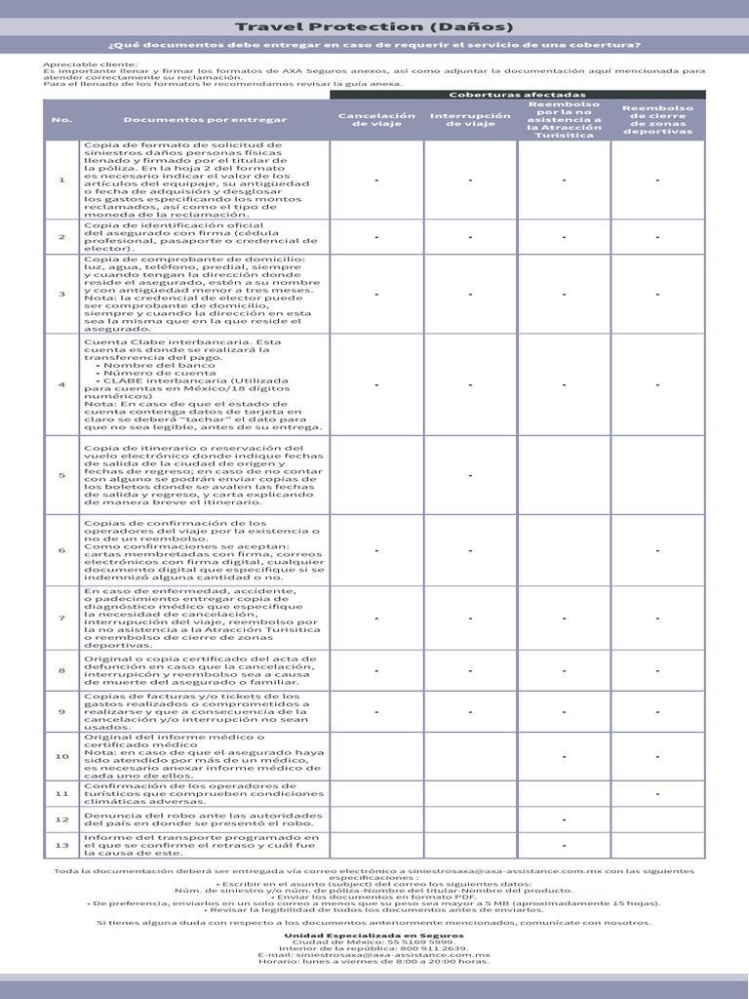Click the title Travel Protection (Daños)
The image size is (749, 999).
tap(374, 27)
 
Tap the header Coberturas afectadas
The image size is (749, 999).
tap(518, 94)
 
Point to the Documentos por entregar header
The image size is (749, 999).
tap(205, 120)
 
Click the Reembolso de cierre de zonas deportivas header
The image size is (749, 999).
tap(657, 120)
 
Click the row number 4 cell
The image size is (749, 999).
tap(61, 384)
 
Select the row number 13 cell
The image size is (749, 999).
tap(61, 845)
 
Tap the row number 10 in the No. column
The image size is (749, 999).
tap(61, 756)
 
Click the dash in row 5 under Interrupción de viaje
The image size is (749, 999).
tap(470, 475)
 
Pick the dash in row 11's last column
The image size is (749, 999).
tap(657, 794)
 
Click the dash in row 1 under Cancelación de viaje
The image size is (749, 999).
tap(376, 180)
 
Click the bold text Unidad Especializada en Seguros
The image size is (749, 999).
tap(374, 935)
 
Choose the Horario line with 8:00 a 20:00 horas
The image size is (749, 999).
tap(374, 960)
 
